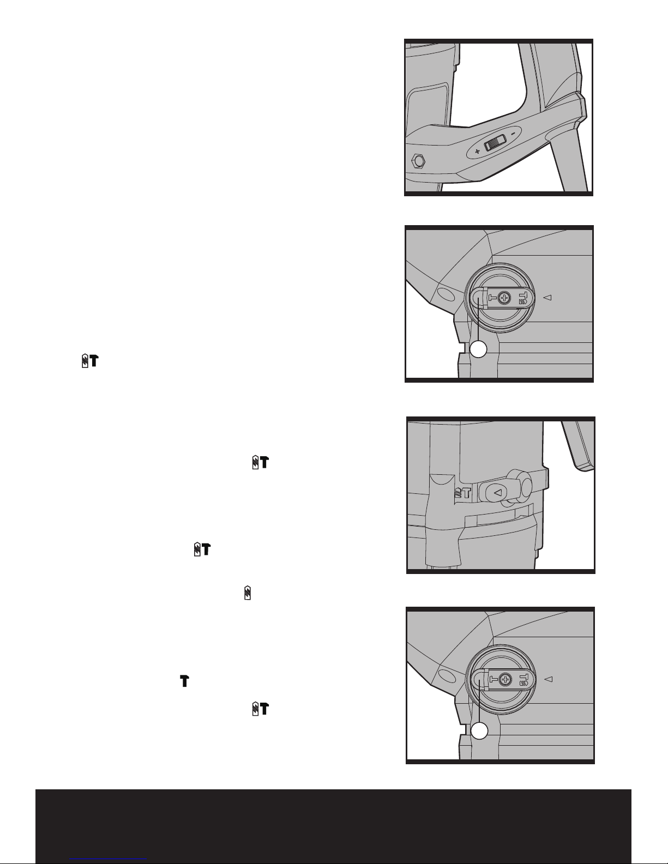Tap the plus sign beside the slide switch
pyautogui.click(x=477, y=152)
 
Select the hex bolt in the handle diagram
pyautogui.click(x=418, y=161)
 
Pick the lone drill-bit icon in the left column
pyautogui.click(x=247, y=593)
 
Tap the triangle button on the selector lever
pyautogui.click(x=497, y=492)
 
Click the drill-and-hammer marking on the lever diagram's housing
pyautogui.click(x=462, y=493)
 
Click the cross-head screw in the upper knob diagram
pyautogui.click(x=504, y=298)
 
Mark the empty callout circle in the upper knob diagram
pyautogui.click(x=479, y=349)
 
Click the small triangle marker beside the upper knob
pyautogui.click(x=549, y=298)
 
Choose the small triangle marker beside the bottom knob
pyautogui.click(x=550, y=679)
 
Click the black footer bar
pyautogui.click(x=333, y=826)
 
